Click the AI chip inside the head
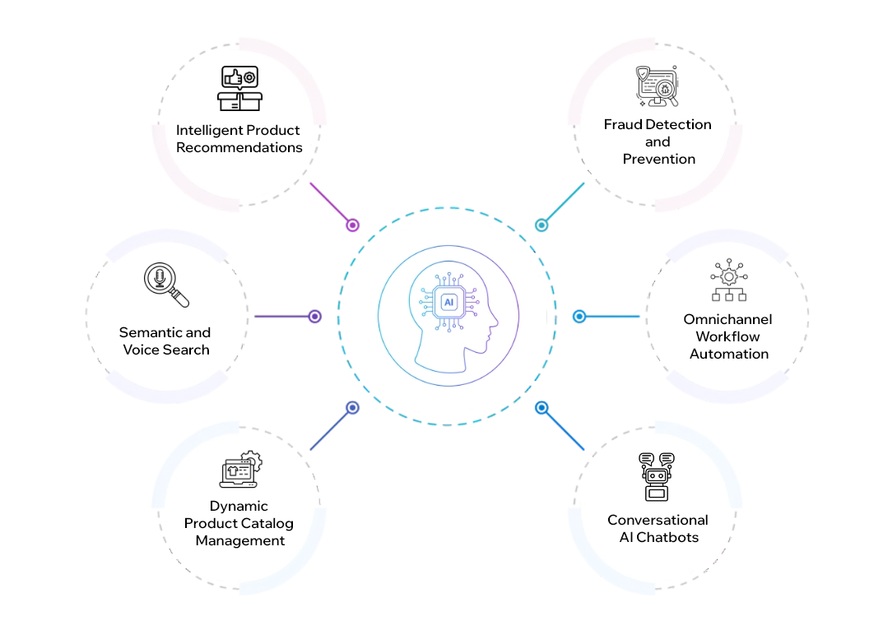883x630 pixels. coord(448,303)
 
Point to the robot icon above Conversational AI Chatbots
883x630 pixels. coord(657,476)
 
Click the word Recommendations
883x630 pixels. coord(239,148)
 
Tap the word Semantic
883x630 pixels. coord(151,332)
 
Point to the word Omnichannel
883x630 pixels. coord(728,319)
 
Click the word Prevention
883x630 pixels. coord(658,159)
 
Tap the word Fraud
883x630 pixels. coord(623,124)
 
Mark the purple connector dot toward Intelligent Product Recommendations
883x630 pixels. coord(353,225)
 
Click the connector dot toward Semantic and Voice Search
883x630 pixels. coord(314,317)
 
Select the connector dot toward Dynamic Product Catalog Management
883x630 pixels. coord(351,407)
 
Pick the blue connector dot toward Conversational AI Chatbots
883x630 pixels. coord(541,407)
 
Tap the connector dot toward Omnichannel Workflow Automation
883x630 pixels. coord(579,317)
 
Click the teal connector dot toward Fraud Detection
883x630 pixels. coord(541,225)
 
